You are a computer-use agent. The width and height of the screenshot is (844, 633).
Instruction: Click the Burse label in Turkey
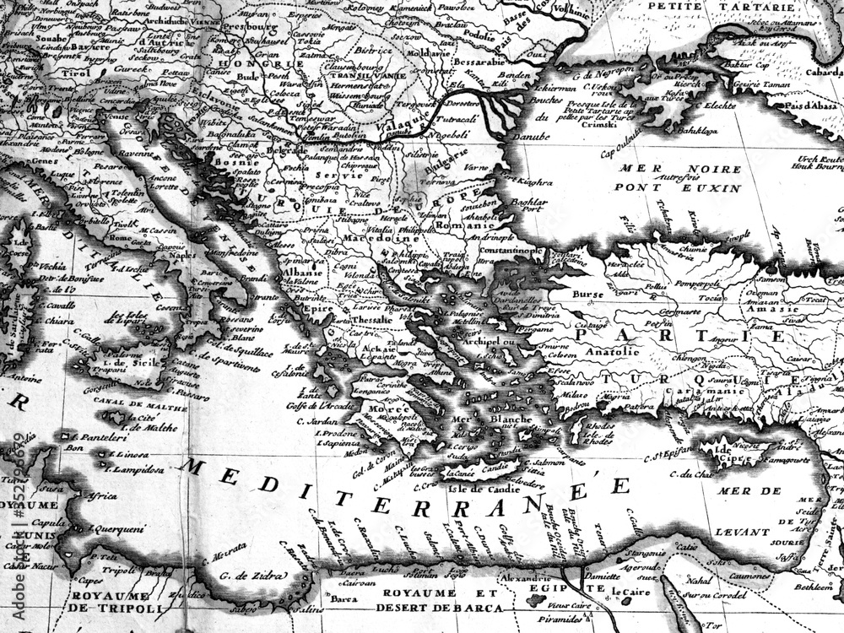[587, 295]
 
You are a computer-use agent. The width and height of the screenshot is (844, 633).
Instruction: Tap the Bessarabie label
[478, 62]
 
